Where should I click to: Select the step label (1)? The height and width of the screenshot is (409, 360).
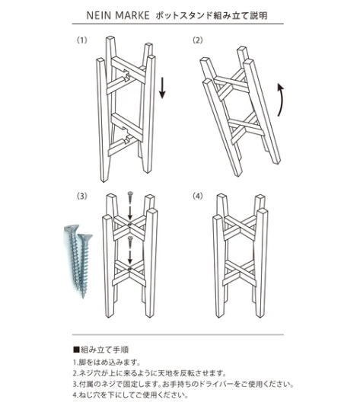coord(81,40)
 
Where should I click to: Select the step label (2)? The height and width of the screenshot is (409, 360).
coord(198,40)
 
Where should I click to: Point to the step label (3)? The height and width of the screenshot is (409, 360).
coord(81,196)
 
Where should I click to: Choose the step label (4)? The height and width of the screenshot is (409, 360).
coord(198,196)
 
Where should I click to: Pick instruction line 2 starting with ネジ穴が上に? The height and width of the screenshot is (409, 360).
coord(149,373)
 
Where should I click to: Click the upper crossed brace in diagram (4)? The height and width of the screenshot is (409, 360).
coord(242,226)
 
